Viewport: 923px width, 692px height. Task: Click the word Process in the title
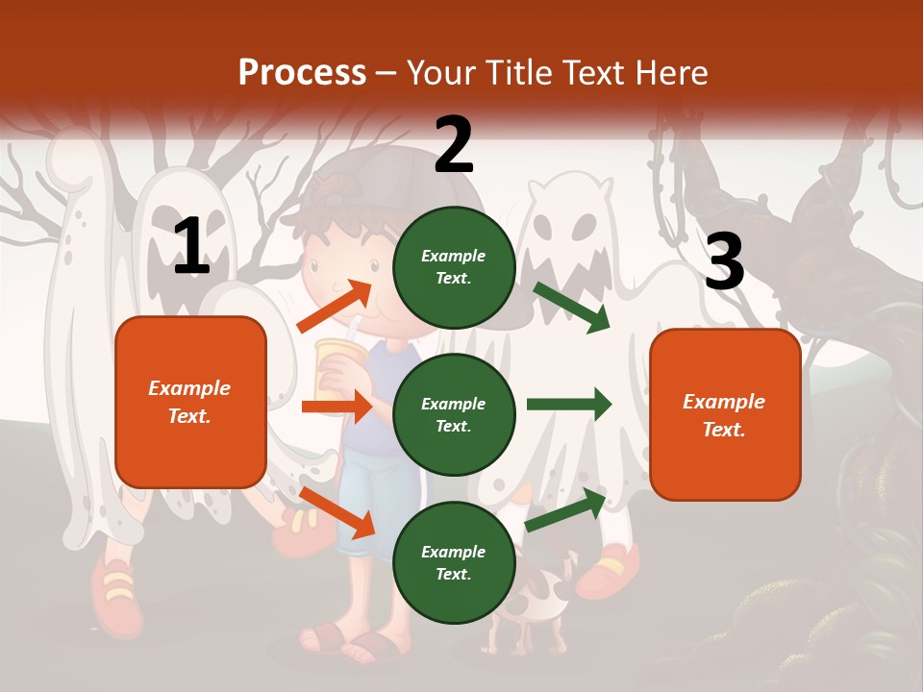pyautogui.click(x=302, y=73)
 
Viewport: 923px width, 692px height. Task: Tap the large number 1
pyautogui.click(x=191, y=247)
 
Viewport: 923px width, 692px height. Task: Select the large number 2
pyautogui.click(x=454, y=145)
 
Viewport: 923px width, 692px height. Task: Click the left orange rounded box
pyautogui.click(x=190, y=402)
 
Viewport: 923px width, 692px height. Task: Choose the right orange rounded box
pyautogui.click(x=725, y=414)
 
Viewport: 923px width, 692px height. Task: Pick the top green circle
pyautogui.click(x=454, y=266)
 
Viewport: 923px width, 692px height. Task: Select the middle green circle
pyautogui.click(x=454, y=414)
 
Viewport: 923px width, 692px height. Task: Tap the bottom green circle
pyautogui.click(x=454, y=562)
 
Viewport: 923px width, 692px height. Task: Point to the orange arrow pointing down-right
pyautogui.click(x=337, y=511)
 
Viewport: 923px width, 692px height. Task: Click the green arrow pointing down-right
pyautogui.click(x=571, y=307)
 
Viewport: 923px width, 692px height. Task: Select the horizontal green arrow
pyautogui.click(x=568, y=404)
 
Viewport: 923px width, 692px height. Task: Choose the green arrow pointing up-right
pyautogui.click(x=566, y=510)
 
